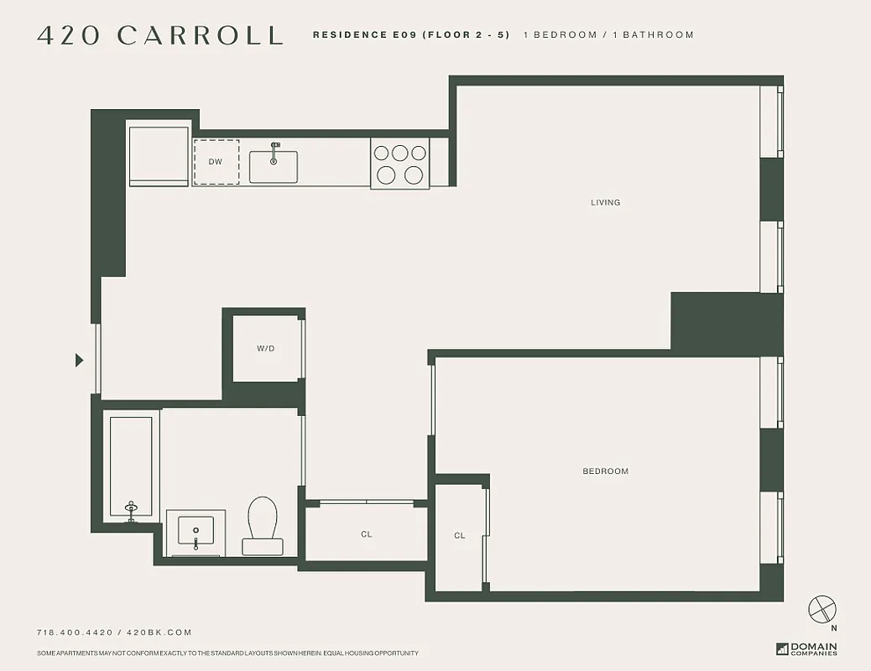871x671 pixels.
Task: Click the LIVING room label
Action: pos(605,202)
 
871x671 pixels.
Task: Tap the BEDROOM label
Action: pos(605,471)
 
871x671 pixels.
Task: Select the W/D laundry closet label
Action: pos(265,348)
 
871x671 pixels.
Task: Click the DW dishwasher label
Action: pos(216,162)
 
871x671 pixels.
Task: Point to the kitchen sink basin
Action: pos(273,166)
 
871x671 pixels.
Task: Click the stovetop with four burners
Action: pos(399,164)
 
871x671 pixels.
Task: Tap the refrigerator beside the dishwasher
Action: pos(159,155)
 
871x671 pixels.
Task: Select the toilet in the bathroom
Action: pos(263,525)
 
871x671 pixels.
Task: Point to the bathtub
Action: pos(131,466)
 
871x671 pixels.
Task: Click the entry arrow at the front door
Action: pos(79,360)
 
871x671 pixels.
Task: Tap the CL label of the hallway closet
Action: pos(367,534)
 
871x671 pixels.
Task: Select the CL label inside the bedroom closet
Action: pos(460,535)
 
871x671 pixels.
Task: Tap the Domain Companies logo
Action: pos(807,648)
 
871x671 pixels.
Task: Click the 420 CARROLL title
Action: pos(160,35)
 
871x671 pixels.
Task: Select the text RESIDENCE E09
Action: pos(366,35)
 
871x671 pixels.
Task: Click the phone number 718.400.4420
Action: pos(74,632)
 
